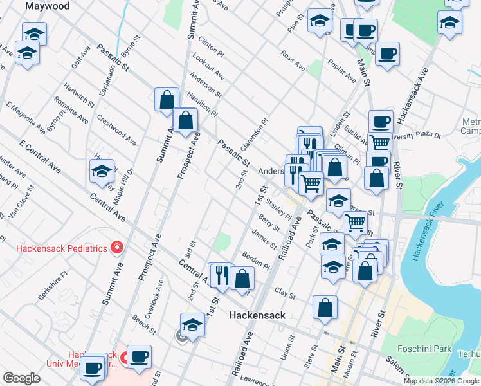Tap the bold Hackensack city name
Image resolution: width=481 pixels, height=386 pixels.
pyautogui.click(x=257, y=315)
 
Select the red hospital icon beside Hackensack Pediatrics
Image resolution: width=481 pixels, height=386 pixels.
pyautogui.click(x=116, y=247)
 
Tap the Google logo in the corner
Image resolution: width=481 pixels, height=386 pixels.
pyautogui.click(x=21, y=378)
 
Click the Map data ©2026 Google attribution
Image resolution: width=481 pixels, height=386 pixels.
pyautogui.click(x=441, y=381)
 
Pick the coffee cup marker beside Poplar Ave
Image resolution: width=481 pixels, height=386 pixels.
pyautogui.click(x=387, y=55)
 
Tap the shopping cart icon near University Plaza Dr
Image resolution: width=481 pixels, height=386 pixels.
pyautogui.click(x=380, y=143)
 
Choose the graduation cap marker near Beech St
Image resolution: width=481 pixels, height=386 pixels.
pyautogui.click(x=192, y=326)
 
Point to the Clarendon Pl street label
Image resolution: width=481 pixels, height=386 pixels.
pyautogui.click(x=255, y=132)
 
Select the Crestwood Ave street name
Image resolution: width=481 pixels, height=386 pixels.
pyautogui.click(x=116, y=129)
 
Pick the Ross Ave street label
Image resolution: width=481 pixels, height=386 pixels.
pyautogui.click(x=293, y=59)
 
